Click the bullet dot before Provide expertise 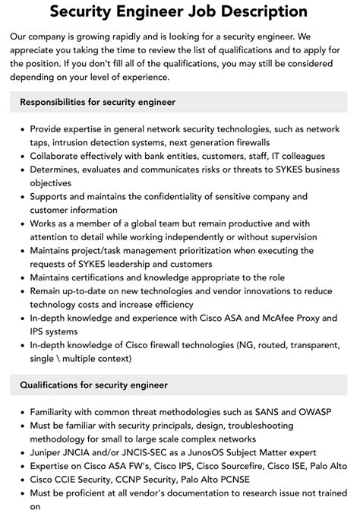tap(21, 130)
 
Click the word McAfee tap(279, 316)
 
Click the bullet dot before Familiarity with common tap(21, 413)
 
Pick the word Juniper tap(49, 453)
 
